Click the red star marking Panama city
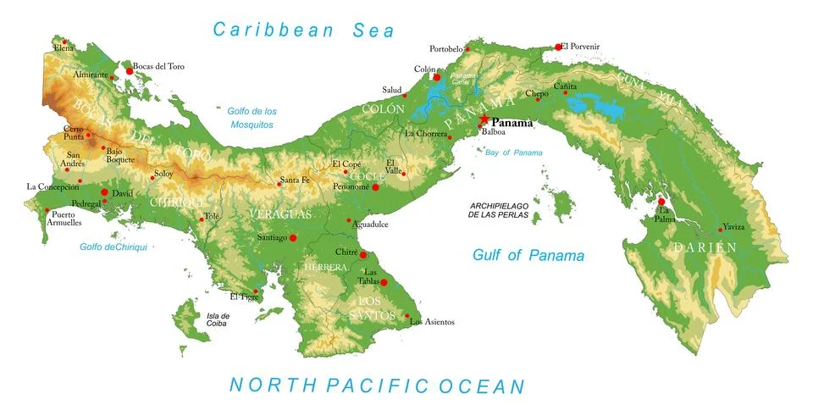point(484,120)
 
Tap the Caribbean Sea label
point(303,31)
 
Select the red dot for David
point(104,192)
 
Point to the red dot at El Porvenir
point(558,47)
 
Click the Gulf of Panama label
point(528,255)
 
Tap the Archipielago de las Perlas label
point(499,211)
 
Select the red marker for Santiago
point(293,238)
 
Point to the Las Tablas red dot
point(384,282)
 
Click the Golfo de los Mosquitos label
point(252,118)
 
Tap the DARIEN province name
point(705,247)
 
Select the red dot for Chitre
point(363,254)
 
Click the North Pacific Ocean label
point(377,386)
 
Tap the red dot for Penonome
point(375,186)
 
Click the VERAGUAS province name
point(279,214)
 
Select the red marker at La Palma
point(661,201)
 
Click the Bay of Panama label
point(514,153)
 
